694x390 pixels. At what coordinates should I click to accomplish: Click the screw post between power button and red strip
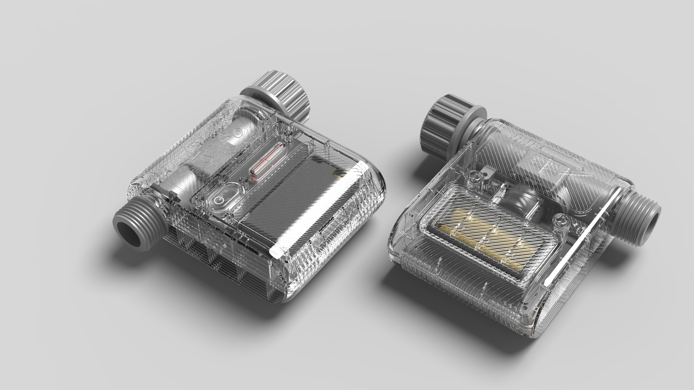click(x=244, y=179)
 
